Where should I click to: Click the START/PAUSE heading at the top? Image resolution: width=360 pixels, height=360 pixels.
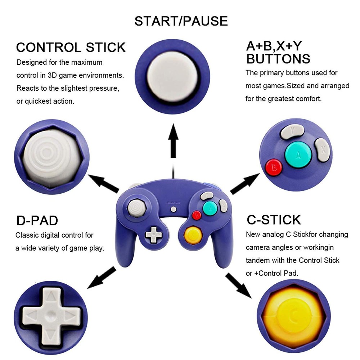(x=181, y=21)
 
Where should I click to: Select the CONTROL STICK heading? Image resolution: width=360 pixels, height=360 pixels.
(x=71, y=48)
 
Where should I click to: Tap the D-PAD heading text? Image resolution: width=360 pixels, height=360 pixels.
(x=37, y=220)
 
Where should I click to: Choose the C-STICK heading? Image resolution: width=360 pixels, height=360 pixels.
(x=274, y=220)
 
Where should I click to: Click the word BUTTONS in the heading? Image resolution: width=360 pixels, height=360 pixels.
(x=278, y=59)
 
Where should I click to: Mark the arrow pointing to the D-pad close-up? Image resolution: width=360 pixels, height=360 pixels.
(x=102, y=278)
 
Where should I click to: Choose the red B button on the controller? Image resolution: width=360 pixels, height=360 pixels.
(x=196, y=215)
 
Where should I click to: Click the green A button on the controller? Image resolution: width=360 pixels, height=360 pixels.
(x=209, y=208)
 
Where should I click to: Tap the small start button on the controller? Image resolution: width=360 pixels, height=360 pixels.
(x=174, y=209)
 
